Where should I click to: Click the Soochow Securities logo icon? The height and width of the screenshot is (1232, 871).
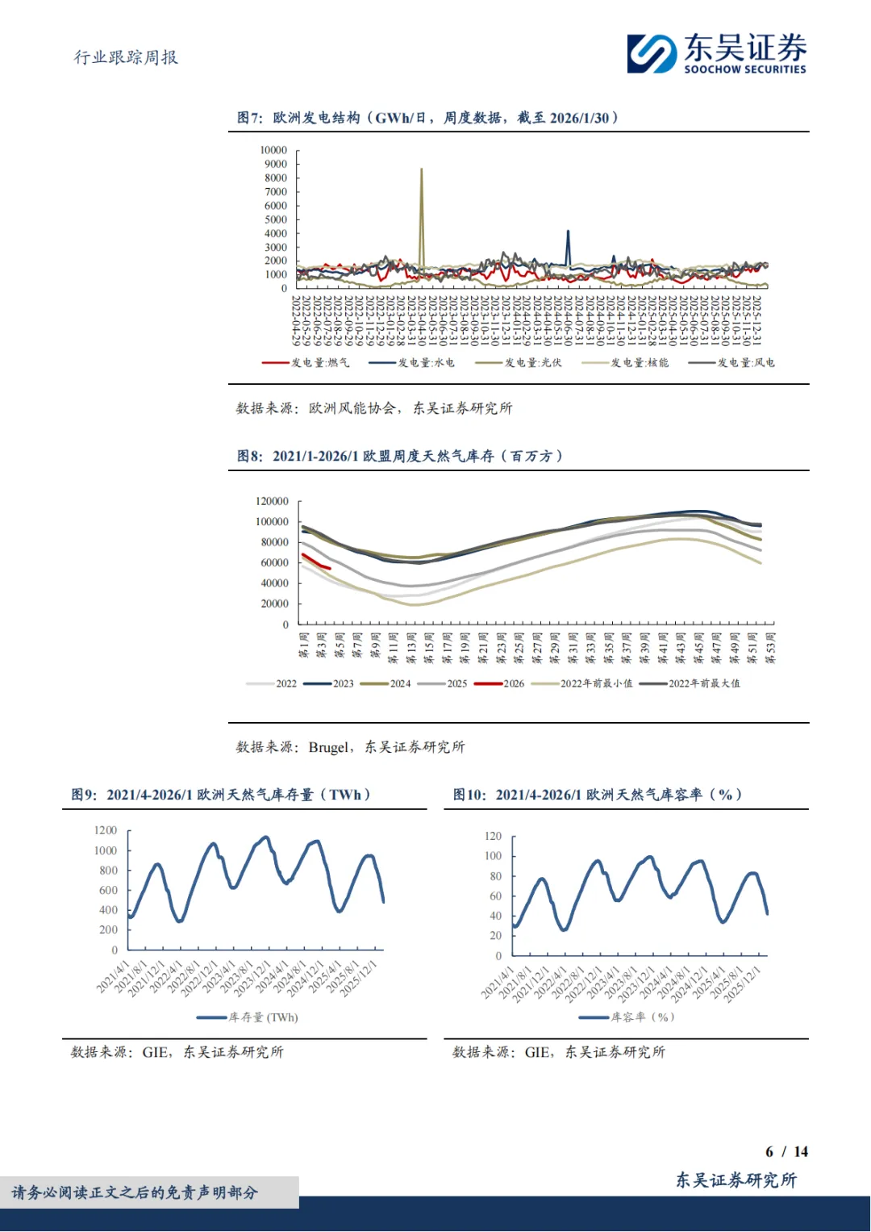point(652,53)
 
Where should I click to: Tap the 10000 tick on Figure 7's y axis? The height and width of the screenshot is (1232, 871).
point(273,150)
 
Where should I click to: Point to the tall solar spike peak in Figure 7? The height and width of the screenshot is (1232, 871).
point(421,169)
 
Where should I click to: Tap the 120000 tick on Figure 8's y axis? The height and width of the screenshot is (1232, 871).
point(272,501)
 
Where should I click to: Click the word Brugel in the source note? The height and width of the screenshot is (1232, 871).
point(329,747)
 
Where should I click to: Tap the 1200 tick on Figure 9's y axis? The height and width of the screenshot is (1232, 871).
point(106,830)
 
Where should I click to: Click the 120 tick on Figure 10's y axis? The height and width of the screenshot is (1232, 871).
point(493,836)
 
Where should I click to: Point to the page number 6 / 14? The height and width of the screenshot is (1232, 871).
point(786,1151)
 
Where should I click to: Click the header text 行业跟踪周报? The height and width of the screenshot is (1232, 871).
point(126,57)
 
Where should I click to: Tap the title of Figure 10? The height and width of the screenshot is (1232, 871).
point(597,795)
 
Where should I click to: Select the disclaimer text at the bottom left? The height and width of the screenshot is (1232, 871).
point(135,1192)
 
